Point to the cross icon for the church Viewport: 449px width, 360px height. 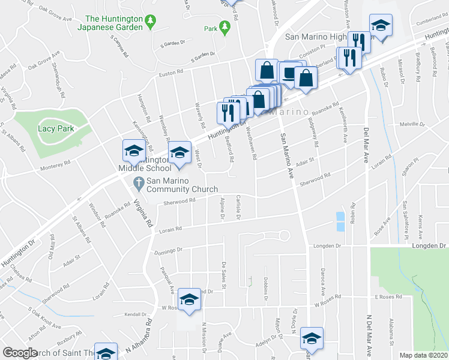137,182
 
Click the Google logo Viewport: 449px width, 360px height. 20,353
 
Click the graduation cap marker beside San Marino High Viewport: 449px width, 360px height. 380,26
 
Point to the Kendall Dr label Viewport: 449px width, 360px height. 136,314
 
